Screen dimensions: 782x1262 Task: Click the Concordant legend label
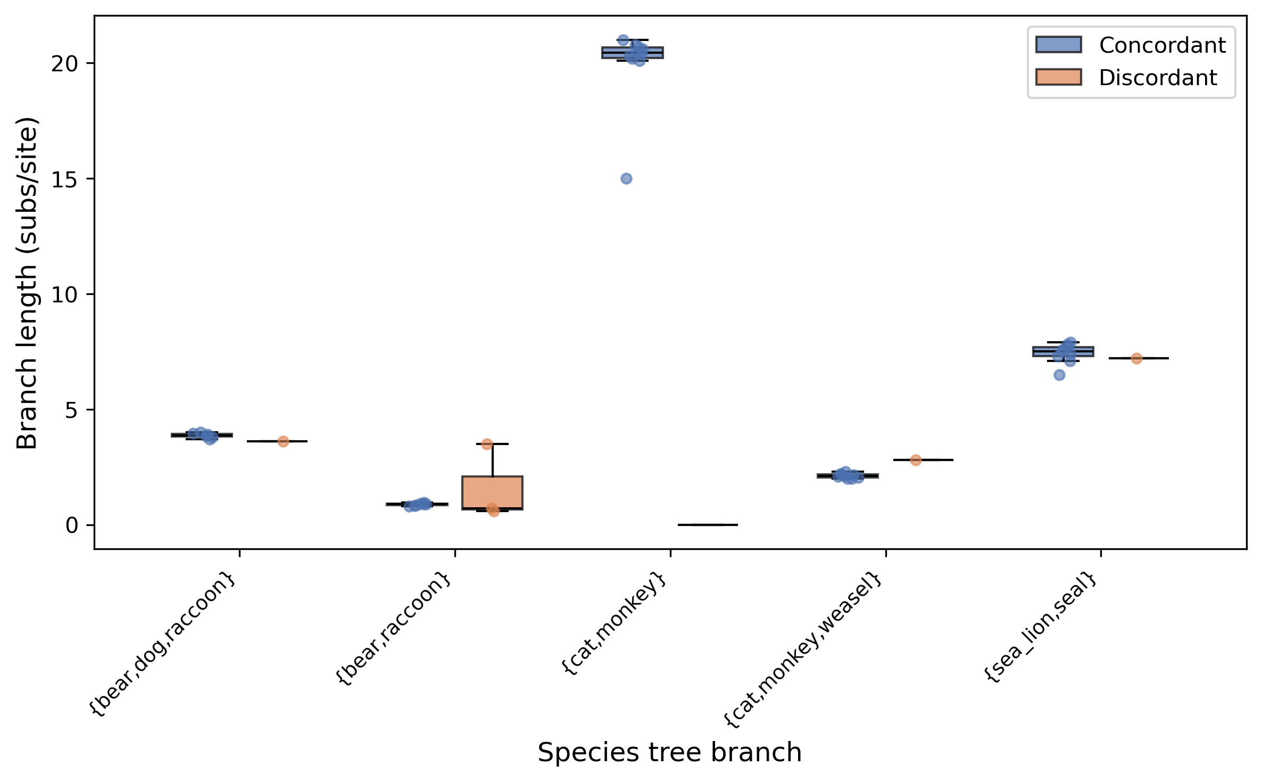[x=1162, y=46]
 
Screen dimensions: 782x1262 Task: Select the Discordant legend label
[x=1158, y=78]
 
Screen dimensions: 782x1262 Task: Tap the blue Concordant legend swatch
[x=1058, y=45]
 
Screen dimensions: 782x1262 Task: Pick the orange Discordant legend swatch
[x=1058, y=77]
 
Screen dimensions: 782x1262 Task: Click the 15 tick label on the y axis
[x=64, y=179]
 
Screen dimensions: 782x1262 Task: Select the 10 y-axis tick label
[x=64, y=295]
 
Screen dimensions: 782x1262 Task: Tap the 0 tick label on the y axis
[x=72, y=526]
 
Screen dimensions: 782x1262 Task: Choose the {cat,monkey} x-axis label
[x=615, y=623]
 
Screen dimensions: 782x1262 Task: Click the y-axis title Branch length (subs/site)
[x=28, y=283]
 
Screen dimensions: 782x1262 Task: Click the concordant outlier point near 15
[x=626, y=179]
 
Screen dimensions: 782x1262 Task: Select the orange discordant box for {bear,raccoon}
[x=492, y=492]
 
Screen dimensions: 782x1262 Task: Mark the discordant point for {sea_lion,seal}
[x=1136, y=359]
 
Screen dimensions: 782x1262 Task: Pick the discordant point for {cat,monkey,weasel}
[x=916, y=460]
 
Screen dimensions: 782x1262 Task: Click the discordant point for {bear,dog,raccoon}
[x=283, y=442]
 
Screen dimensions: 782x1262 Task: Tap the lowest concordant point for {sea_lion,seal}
[x=1059, y=375]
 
